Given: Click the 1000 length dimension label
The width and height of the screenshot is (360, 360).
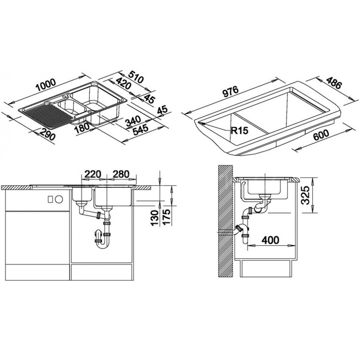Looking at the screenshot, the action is coord(46,84).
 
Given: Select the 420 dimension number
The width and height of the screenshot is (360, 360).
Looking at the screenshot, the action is coord(123,84).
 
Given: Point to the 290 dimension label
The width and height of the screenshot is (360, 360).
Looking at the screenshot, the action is coord(47,135).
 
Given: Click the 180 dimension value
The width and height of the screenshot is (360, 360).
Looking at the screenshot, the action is coord(82,125).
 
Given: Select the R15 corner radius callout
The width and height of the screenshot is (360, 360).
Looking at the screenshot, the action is coord(240,131).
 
